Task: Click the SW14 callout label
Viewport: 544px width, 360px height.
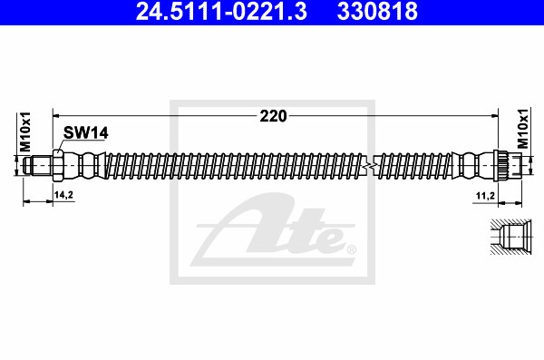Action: click(86, 133)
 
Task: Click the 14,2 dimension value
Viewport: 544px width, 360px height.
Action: click(64, 195)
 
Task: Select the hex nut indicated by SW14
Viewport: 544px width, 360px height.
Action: click(57, 166)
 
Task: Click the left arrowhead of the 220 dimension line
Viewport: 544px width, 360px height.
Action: click(58, 116)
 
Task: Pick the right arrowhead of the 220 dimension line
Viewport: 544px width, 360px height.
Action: click(495, 116)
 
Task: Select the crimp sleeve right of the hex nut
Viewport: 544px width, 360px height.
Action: click(83, 166)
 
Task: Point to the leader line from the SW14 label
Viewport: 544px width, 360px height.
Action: click(63, 145)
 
